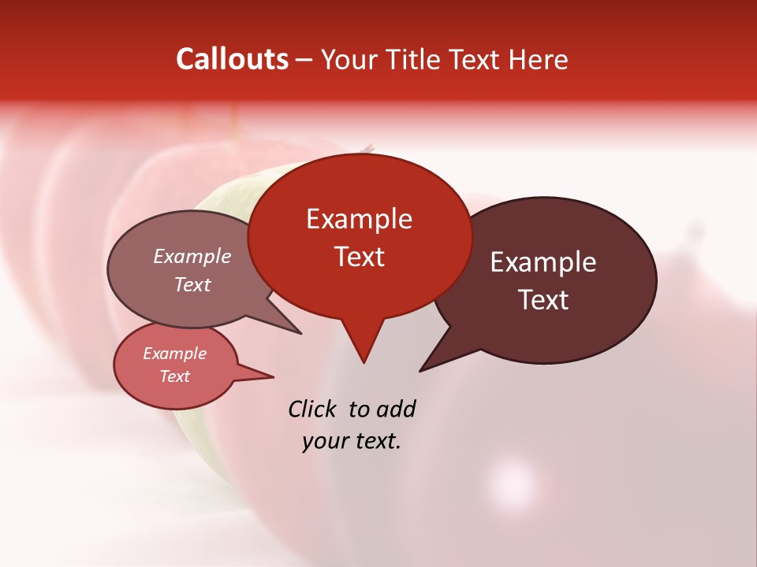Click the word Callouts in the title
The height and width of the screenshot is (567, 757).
pyautogui.click(x=232, y=59)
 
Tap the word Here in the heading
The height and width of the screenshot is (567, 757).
pyautogui.click(x=539, y=59)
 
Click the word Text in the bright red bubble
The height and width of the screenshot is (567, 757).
pyautogui.click(x=359, y=257)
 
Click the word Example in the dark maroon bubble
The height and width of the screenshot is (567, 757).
pyautogui.click(x=543, y=262)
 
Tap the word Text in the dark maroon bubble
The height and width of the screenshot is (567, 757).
pyautogui.click(x=543, y=300)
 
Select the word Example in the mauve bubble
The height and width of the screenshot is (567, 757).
pyautogui.click(x=192, y=256)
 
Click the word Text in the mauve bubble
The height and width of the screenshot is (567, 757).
pyautogui.click(x=192, y=284)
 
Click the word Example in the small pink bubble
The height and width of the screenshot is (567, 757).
pyautogui.click(x=174, y=354)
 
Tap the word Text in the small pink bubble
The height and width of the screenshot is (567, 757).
pyautogui.click(x=174, y=376)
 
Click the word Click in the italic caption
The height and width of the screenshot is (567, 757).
pyautogui.click(x=312, y=409)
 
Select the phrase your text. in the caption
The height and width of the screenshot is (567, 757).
pyautogui.click(x=352, y=441)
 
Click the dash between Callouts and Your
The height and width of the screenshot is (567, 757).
pyautogui.click(x=304, y=60)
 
